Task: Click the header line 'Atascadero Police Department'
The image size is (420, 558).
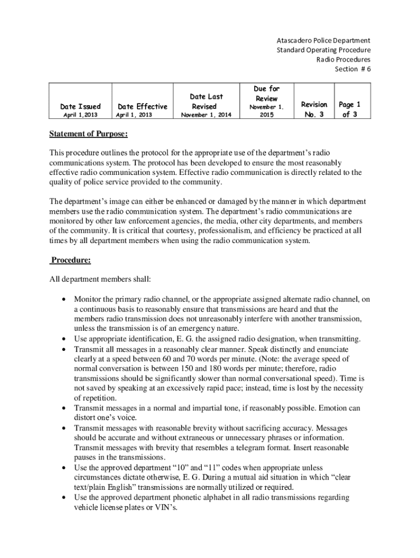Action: pyautogui.click(x=323, y=40)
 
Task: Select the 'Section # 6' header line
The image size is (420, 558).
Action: pyautogui.click(x=352, y=69)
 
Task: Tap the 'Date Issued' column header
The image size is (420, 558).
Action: pyautogui.click(x=80, y=106)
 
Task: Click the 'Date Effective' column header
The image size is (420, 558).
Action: pyautogui.click(x=142, y=106)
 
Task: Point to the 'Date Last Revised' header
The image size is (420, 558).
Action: pyautogui.click(x=206, y=101)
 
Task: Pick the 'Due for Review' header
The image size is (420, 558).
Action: pyautogui.click(x=267, y=93)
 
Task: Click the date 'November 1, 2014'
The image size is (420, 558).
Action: pyautogui.click(x=206, y=116)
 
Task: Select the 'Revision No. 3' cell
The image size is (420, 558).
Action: pyautogui.click(x=314, y=109)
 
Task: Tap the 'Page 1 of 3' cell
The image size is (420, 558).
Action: pyautogui.click(x=350, y=109)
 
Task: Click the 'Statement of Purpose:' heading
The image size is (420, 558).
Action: pyautogui.click(x=89, y=134)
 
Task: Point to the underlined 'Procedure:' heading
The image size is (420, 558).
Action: pyautogui.click(x=70, y=260)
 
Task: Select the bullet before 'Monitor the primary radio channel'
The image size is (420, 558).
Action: pyautogui.click(x=65, y=299)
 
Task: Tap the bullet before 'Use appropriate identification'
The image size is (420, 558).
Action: pyautogui.click(x=65, y=338)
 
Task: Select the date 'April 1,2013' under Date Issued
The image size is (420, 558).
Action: pyautogui.click(x=80, y=116)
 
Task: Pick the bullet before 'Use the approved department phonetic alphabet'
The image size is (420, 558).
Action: pyautogui.click(x=65, y=497)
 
